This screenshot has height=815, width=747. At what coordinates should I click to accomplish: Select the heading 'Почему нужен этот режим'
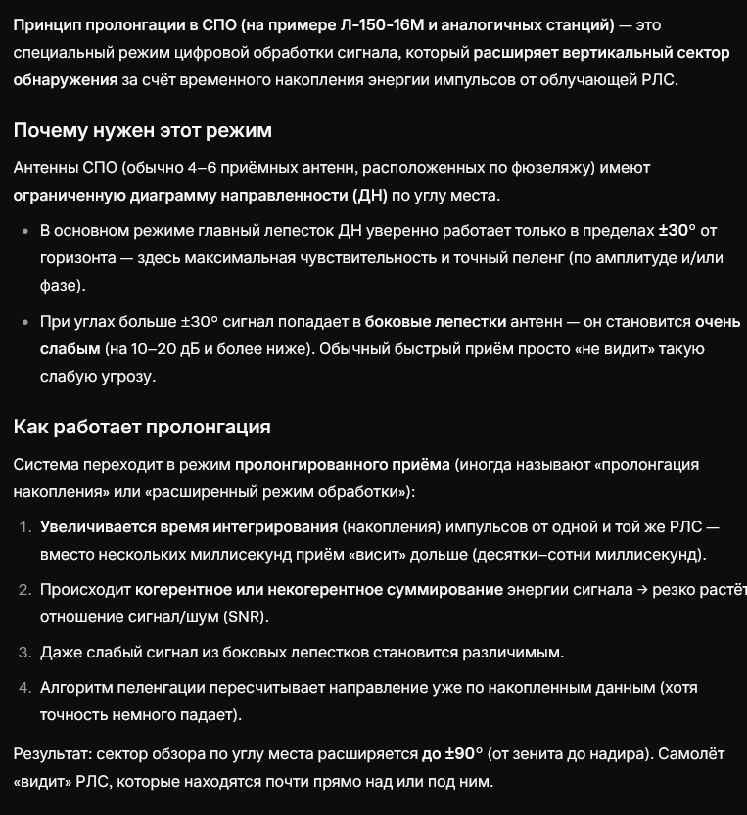click(143, 130)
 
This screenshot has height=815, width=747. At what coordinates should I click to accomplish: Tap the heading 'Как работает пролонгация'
click(142, 427)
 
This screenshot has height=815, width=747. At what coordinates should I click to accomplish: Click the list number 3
click(25, 652)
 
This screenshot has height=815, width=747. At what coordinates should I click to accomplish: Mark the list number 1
click(25, 527)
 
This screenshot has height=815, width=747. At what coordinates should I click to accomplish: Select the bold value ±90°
click(452, 754)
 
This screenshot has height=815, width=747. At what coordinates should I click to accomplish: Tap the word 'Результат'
click(50, 754)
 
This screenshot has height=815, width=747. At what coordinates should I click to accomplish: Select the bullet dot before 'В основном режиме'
click(25, 232)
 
